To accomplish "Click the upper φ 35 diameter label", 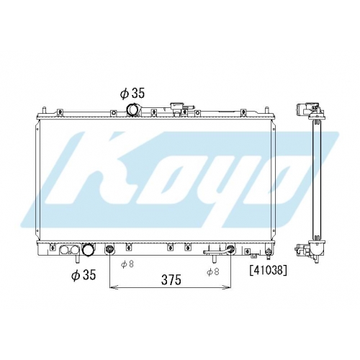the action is tap(132, 94).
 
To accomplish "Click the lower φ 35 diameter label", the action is tap(84, 274).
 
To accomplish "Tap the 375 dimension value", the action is tap(171, 279).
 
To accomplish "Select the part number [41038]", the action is tap(269, 271).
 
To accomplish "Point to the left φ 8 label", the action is tap(127, 264).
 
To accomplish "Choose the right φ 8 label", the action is tap(213, 271).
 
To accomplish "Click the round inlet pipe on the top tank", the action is tap(132, 109).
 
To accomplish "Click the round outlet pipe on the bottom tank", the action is tap(87, 250).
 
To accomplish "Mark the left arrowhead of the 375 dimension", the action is tap(113, 287).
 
